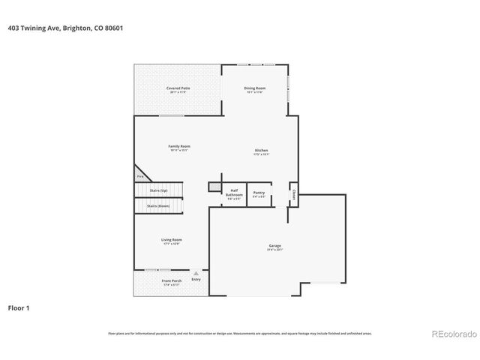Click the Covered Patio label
(x=178, y=89)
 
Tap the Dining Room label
(x=255, y=89)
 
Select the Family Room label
(x=178, y=148)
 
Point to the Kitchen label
(x=261, y=152)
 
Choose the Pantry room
(x=259, y=193)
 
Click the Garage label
(x=275, y=247)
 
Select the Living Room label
(x=172, y=241)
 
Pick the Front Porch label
(x=171, y=282)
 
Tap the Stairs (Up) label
(x=157, y=190)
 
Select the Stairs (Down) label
(x=157, y=205)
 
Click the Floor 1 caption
(x=19, y=307)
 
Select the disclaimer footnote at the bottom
(x=239, y=333)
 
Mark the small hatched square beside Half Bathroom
(x=214, y=184)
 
